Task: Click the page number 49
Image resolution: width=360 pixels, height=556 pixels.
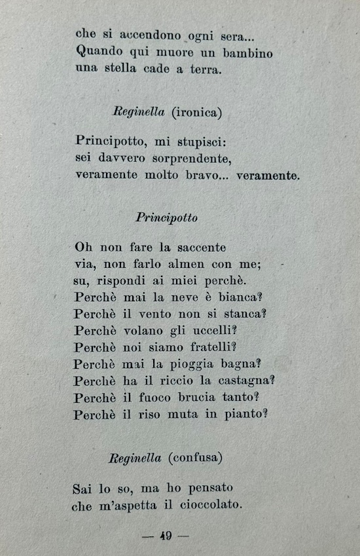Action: click(x=165, y=536)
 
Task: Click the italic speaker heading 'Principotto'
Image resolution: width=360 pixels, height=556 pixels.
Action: click(x=166, y=217)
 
